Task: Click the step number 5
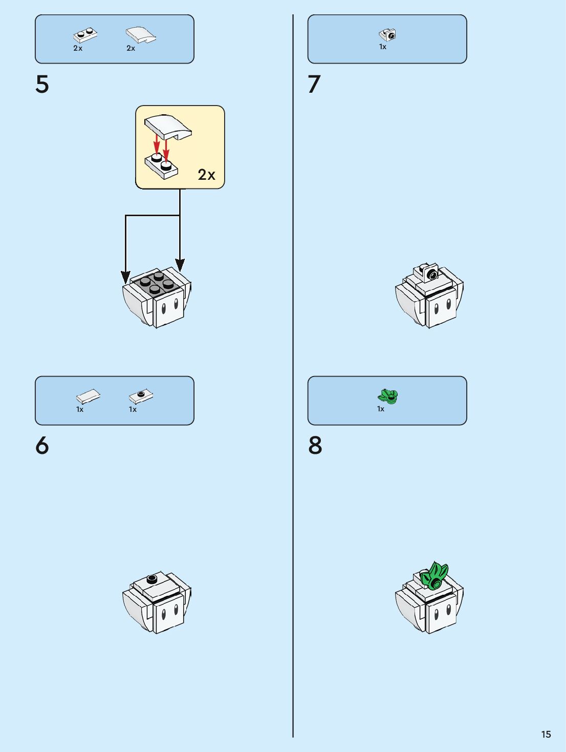[42, 85]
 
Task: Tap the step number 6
[42, 446]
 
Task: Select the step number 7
[314, 85]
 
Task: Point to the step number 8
[315, 446]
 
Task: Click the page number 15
[546, 734]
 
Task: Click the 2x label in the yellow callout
[207, 175]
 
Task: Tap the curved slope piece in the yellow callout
[168, 127]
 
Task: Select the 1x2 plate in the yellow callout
[162, 165]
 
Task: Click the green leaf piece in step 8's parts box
[388, 396]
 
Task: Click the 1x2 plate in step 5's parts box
[85, 35]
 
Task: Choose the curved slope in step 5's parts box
[141, 35]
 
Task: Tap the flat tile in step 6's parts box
[88, 396]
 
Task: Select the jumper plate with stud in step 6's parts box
[141, 395]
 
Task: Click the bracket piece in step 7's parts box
[388, 35]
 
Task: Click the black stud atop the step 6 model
[152, 579]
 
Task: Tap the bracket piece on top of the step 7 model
[429, 273]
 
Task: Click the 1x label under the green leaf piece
[381, 409]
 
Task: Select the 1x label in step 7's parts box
[383, 47]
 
